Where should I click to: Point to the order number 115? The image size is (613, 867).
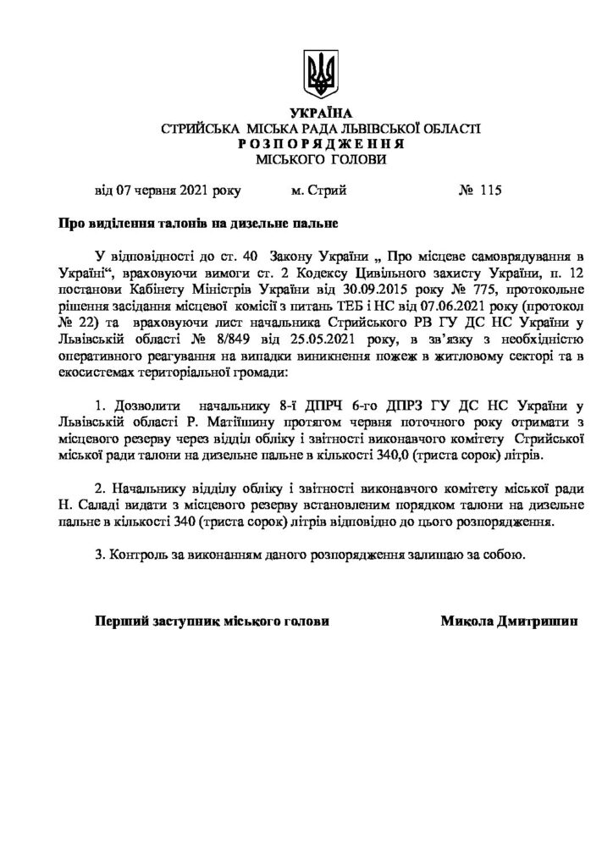[490, 191]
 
